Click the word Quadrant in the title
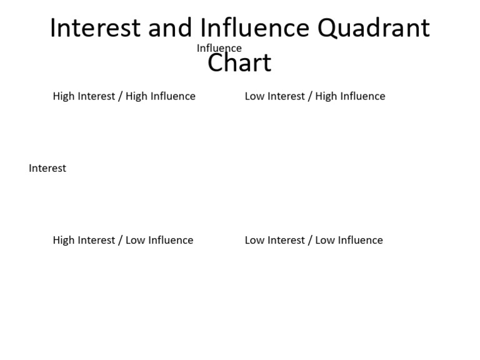point(374,29)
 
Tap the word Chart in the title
point(239,63)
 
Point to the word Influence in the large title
point(256,29)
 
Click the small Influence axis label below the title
point(219,48)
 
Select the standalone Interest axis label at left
point(47,168)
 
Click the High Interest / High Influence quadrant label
point(124,96)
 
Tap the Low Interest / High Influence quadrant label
point(314,96)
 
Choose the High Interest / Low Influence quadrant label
point(123,240)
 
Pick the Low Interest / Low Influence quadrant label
point(314,240)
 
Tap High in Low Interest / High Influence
point(327,96)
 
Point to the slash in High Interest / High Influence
point(120,96)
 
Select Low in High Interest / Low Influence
point(135,240)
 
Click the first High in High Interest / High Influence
point(64,96)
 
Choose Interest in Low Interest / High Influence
point(286,96)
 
